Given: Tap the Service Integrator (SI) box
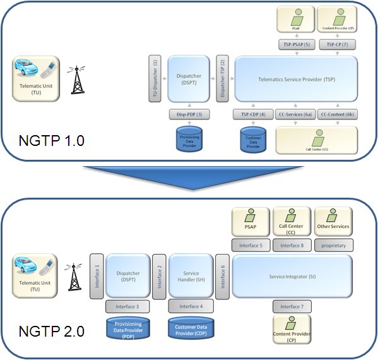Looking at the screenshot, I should click(292, 277).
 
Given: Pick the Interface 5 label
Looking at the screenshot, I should click(253, 245).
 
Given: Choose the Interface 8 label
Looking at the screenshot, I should click(292, 245).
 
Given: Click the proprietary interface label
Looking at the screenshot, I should click(333, 245).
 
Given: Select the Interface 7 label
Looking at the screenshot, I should click(293, 306).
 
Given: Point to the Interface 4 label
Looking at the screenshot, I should click(190, 306).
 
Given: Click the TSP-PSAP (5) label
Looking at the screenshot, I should click(297, 44).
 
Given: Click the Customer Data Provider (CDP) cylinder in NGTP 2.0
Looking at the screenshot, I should click(191, 329).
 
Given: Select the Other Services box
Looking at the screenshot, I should click(333, 221).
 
